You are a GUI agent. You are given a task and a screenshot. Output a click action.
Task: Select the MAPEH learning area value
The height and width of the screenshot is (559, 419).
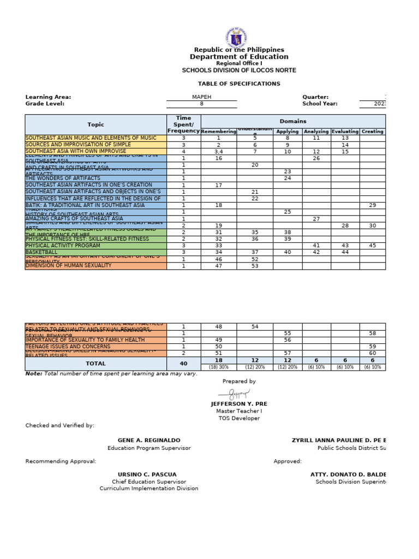(x=202, y=97)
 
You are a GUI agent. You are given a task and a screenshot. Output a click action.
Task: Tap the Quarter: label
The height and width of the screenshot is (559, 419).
(x=315, y=97)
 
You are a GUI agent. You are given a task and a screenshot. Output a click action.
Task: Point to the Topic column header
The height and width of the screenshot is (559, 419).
(x=95, y=124)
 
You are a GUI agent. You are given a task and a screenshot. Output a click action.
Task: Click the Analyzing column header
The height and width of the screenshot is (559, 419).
(x=316, y=132)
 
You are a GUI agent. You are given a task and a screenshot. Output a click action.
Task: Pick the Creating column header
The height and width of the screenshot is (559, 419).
(x=372, y=132)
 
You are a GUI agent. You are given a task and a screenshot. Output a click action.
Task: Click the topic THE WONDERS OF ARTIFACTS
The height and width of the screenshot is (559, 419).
(x=63, y=179)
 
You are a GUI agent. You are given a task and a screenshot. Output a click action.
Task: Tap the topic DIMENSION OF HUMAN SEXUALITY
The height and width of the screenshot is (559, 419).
(x=68, y=266)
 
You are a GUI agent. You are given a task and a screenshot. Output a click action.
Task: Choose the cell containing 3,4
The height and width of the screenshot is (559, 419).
(x=219, y=151)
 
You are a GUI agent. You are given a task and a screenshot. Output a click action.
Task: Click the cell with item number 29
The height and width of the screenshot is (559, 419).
(x=372, y=205)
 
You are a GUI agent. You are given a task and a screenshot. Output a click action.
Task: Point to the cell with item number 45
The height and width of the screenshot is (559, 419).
(x=372, y=246)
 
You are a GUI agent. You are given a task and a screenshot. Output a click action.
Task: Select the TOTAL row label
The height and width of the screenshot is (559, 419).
(x=95, y=363)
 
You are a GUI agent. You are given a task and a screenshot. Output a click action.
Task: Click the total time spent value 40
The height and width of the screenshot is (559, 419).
(x=183, y=363)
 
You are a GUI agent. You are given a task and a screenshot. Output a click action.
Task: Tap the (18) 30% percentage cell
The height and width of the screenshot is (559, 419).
(x=219, y=367)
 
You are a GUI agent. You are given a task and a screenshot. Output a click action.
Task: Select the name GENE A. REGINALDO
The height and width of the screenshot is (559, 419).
(x=149, y=440)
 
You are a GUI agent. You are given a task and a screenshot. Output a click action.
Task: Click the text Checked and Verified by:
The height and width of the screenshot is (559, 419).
(x=59, y=425)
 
